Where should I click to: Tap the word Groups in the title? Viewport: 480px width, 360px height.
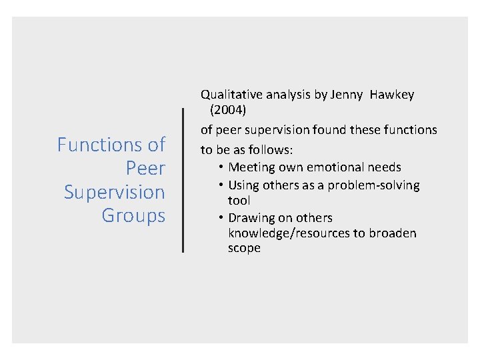pos(133,215)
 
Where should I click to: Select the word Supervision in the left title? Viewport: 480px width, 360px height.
pos(114,192)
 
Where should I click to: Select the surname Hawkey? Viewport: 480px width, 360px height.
pos(393,95)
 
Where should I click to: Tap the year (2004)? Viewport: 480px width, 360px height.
pos(229,111)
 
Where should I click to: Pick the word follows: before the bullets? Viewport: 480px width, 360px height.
pos(271,148)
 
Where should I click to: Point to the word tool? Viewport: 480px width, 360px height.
pos(239,201)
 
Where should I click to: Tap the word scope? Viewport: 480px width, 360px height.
pos(244,248)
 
